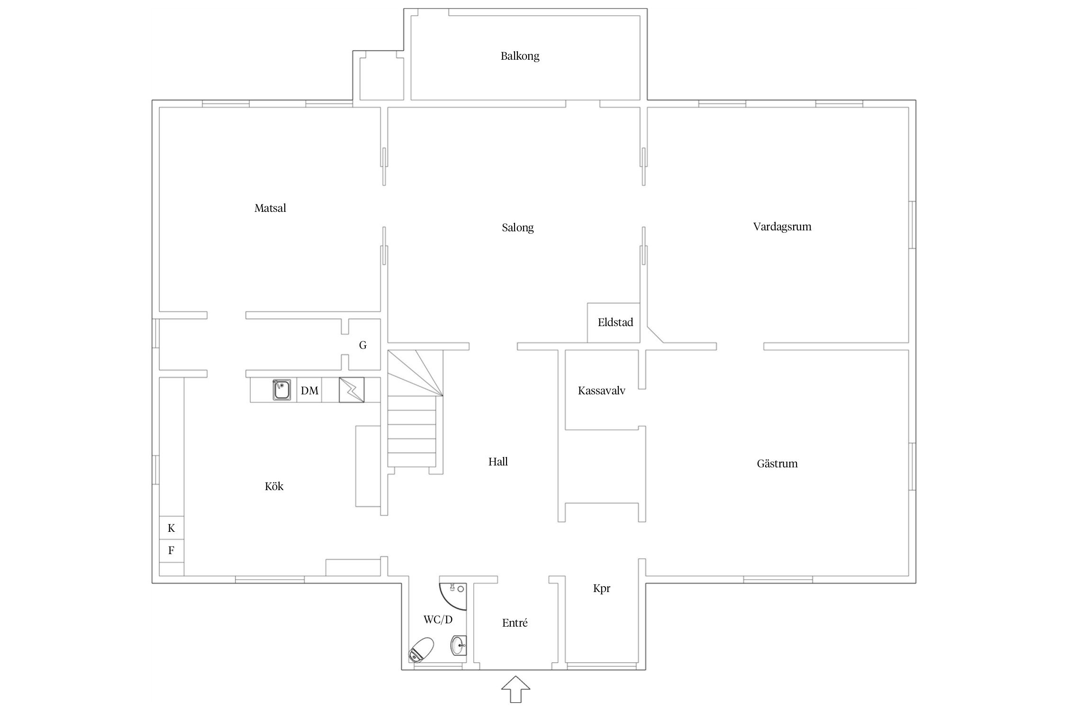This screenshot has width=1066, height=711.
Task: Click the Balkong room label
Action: (520, 56)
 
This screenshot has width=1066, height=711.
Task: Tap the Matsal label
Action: (270, 208)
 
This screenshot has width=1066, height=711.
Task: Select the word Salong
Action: (517, 228)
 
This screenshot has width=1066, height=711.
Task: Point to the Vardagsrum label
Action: (782, 227)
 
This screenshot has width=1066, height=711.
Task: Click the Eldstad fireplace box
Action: (614, 323)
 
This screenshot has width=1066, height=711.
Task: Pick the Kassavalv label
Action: (601, 391)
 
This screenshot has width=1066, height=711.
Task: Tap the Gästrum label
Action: (777, 464)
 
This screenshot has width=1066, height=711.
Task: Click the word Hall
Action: (498, 462)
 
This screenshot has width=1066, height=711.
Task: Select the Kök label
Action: (274, 486)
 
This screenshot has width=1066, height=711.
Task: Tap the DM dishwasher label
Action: (309, 391)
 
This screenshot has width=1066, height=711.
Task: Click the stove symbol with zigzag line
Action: (352, 390)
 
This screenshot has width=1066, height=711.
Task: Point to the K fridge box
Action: (172, 528)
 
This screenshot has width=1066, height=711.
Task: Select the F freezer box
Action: (172, 551)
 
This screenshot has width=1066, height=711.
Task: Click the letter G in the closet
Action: (362, 345)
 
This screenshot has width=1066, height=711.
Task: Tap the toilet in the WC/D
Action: (422, 649)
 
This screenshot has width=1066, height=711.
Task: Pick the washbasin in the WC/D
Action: (459, 646)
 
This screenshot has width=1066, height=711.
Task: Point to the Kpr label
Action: (602, 589)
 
